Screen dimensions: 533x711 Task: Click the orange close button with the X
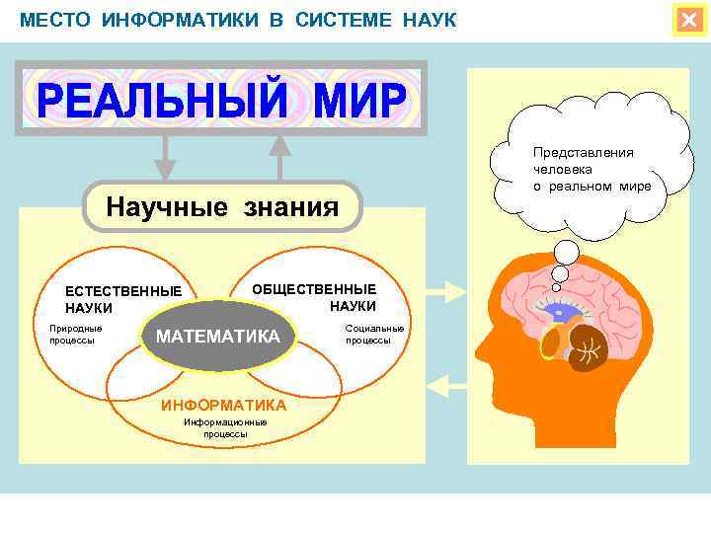click(688, 20)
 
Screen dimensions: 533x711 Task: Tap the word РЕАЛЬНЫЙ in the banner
click(163, 99)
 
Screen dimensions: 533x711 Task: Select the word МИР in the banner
click(355, 99)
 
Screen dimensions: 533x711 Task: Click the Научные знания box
click(222, 207)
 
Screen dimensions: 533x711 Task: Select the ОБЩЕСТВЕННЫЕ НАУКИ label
click(315, 297)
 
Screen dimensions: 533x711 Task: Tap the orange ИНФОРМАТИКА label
click(224, 405)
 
